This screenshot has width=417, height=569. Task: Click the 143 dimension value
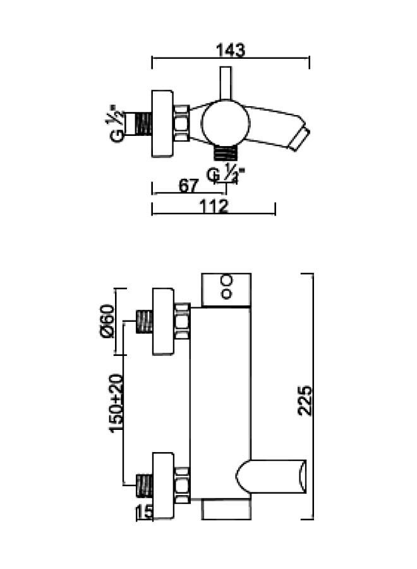pyautogui.click(x=230, y=49)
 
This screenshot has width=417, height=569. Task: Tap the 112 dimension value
pyautogui.click(x=214, y=206)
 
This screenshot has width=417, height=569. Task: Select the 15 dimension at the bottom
pyautogui.click(x=145, y=513)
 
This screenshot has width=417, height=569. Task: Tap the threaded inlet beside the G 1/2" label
pyautogui.click(x=139, y=124)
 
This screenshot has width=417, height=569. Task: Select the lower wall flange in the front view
pyautogui.click(x=163, y=486)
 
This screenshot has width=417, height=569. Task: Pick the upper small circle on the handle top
pyautogui.click(x=226, y=279)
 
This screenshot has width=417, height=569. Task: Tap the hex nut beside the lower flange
pyautogui.click(x=182, y=486)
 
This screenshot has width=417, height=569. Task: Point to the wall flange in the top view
pyautogui.click(x=163, y=124)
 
